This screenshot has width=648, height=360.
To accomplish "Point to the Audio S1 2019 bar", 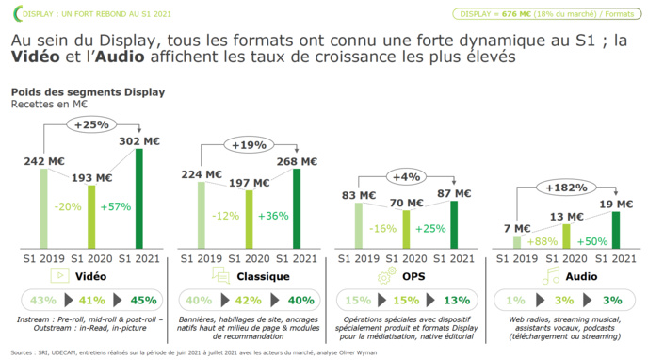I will coord(515,242).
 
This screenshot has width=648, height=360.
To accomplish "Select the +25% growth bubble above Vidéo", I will coord(92,124).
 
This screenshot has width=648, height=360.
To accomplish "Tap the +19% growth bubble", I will coord(250,146).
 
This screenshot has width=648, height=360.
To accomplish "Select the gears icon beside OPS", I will coord(386,276).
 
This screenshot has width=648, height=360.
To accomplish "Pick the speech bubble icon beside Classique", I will coord(220,276).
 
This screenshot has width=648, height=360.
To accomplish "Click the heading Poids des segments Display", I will coord(88,92).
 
